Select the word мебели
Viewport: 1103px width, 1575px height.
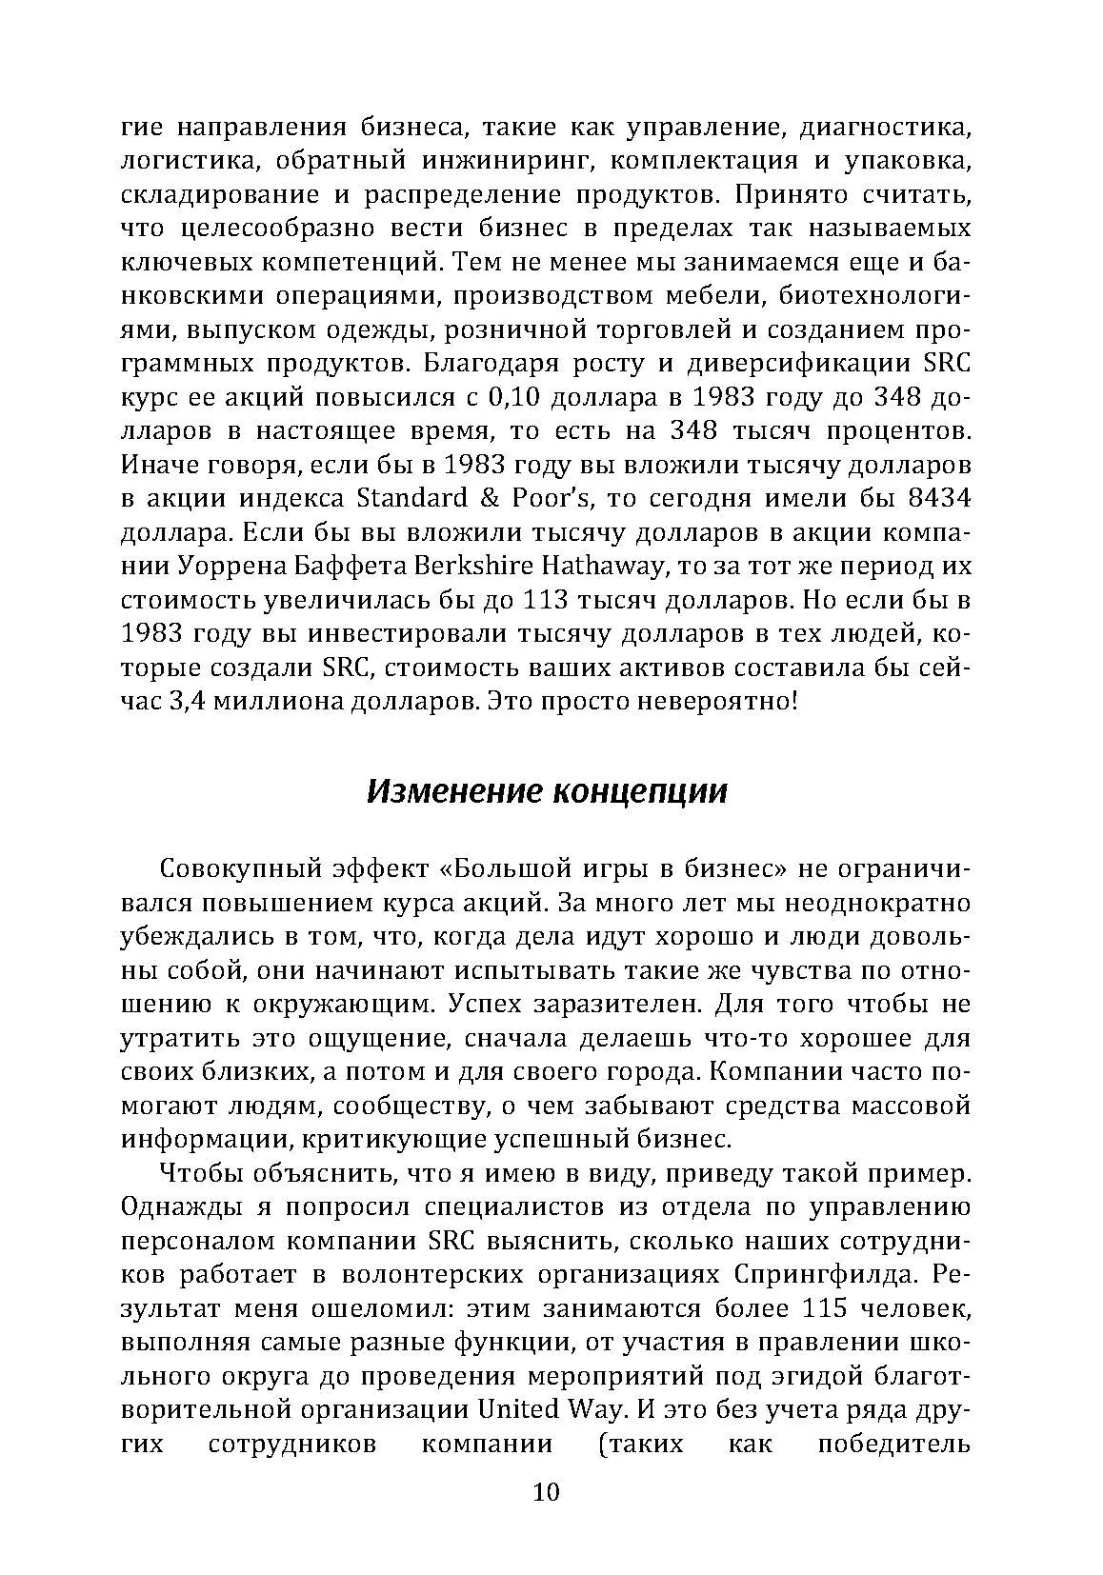tap(698, 295)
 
